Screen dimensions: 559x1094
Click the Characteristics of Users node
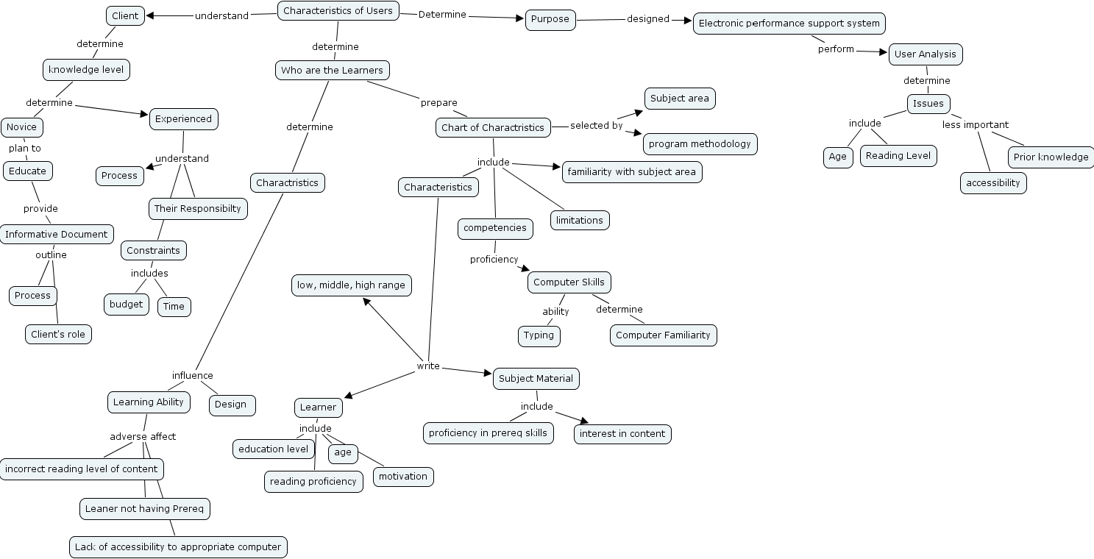pos(338,11)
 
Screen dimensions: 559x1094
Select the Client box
pos(125,16)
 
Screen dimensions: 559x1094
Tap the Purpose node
pos(550,20)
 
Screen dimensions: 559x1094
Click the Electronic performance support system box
pos(789,24)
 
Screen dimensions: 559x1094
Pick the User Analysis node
pos(925,54)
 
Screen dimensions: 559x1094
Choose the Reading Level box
pos(898,156)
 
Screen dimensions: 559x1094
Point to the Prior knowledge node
pos(1051,157)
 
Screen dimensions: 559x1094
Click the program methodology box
pos(700,144)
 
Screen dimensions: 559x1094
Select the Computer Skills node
pos(569,282)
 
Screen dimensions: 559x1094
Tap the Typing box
pos(539,335)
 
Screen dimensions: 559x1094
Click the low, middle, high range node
pos(351,285)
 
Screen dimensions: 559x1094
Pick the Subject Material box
pos(536,379)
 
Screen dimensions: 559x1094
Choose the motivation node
pos(402,477)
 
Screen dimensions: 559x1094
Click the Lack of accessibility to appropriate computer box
pos(178,547)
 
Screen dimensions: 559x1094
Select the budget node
pos(126,305)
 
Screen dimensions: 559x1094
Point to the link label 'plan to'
pos(25,149)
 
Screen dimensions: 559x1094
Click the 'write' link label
pos(428,366)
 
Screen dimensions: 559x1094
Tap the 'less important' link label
pos(975,125)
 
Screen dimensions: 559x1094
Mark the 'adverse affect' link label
pos(143,437)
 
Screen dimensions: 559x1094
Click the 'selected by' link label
pos(596,126)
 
